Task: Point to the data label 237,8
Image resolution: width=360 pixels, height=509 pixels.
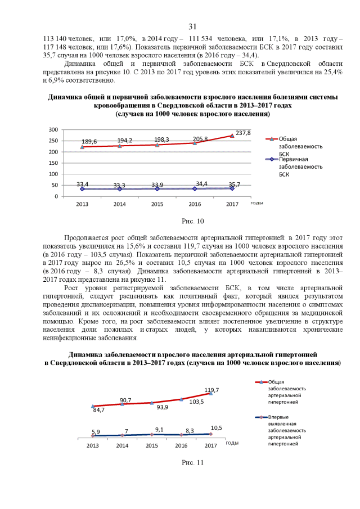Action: (x=243, y=132)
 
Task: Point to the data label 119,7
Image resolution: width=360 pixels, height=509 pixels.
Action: (x=211, y=389)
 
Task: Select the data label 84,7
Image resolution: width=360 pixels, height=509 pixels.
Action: (x=99, y=410)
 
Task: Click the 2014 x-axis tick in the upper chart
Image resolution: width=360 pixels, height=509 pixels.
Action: (x=120, y=204)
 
